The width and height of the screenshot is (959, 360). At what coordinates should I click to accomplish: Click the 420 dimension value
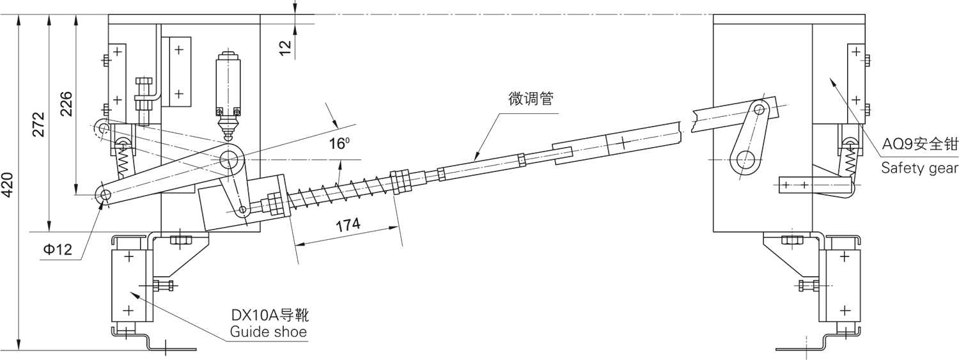8,186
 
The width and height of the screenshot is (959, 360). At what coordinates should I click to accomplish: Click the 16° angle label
339,144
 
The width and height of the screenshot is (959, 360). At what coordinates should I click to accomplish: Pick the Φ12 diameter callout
58,250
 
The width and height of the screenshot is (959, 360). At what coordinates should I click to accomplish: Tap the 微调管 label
531,99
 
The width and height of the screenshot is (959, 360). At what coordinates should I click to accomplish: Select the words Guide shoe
269,332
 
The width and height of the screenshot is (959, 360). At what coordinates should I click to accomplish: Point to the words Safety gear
919,168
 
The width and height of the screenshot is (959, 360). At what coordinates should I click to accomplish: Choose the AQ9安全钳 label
919,145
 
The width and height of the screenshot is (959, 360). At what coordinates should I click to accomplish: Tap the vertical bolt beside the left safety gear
144,99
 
